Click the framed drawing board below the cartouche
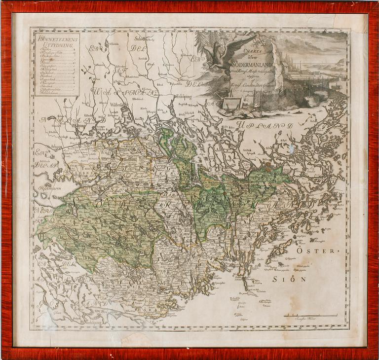click(230, 103)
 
